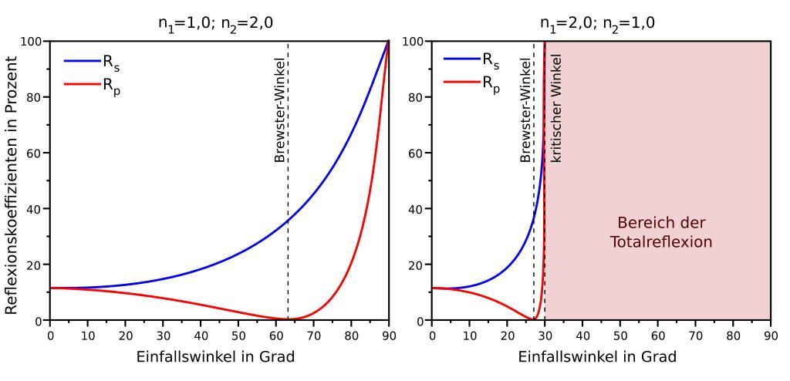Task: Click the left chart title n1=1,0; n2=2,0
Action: (210, 22)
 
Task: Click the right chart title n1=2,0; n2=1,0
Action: (598, 22)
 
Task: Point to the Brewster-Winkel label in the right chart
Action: (525, 112)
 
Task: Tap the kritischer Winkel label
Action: (555, 108)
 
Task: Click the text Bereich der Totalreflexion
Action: (661, 232)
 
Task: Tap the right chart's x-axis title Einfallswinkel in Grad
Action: (597, 357)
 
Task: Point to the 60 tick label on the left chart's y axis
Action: (35, 153)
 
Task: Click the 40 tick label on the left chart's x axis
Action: (201, 335)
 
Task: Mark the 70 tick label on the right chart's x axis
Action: (695, 335)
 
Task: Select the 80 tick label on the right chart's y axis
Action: (417, 97)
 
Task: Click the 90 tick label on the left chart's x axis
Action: (389, 335)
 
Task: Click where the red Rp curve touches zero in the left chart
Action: (288, 319)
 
